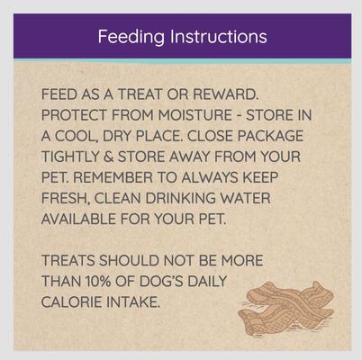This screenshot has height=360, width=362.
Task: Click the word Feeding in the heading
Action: click(x=131, y=37)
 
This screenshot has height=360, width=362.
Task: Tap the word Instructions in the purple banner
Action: click(x=216, y=37)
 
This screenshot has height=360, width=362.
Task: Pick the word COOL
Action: click(x=77, y=135)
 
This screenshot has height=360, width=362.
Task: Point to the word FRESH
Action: click(x=70, y=197)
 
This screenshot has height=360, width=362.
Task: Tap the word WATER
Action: click(x=276, y=197)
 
